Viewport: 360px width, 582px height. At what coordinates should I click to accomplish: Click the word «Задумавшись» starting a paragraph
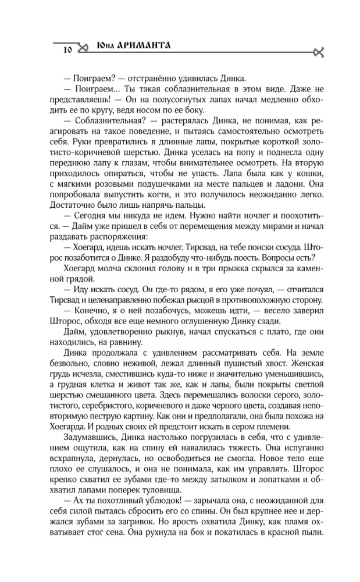pos(84,454)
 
